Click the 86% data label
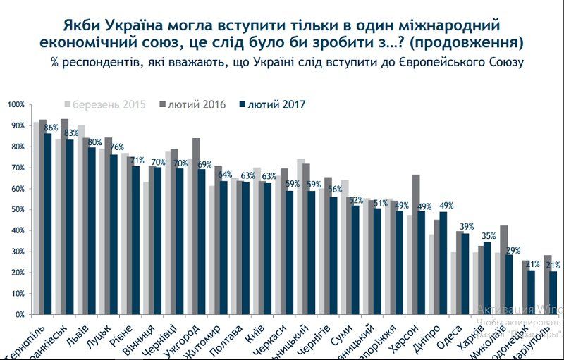51,128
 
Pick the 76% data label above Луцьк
117,147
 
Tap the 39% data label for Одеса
466,226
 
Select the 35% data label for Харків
489,235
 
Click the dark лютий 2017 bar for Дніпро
443,263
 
